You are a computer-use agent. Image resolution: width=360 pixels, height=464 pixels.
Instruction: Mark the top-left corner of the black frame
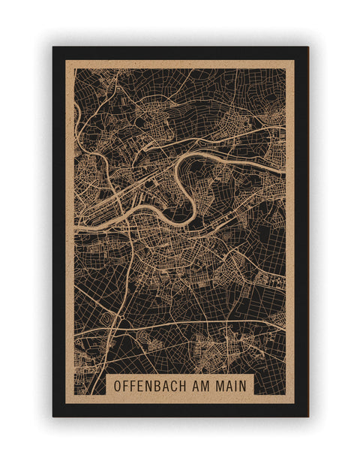(53, 48)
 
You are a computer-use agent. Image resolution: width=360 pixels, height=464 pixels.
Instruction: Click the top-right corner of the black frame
(307, 48)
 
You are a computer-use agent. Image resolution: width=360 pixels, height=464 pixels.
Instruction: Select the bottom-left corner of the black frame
(53, 416)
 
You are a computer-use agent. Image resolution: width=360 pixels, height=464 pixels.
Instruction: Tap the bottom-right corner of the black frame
(307, 416)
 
